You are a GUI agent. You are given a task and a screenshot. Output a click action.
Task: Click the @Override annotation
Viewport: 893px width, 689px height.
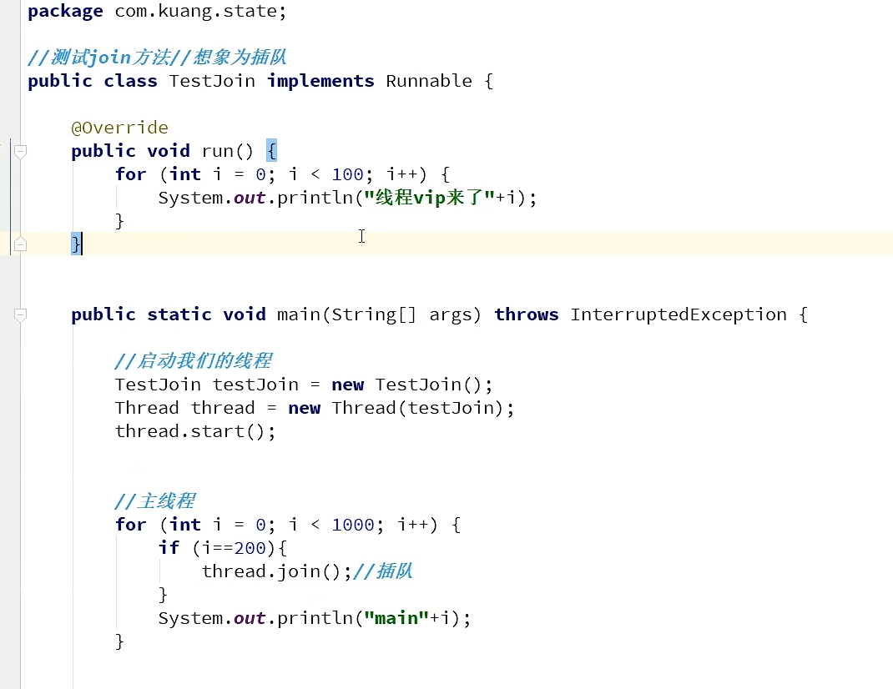click(119, 128)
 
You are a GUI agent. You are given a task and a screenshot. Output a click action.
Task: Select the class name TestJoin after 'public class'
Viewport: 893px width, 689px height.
click(212, 81)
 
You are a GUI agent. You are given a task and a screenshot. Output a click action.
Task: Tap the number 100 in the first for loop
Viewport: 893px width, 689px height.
click(347, 174)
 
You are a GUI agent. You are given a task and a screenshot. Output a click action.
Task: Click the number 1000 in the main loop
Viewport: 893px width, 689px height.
click(353, 525)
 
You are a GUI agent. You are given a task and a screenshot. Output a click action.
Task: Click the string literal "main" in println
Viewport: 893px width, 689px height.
click(396, 618)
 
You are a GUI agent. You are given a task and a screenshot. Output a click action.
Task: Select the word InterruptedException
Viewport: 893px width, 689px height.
click(679, 314)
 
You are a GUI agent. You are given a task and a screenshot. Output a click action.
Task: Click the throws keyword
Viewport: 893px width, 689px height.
click(526, 314)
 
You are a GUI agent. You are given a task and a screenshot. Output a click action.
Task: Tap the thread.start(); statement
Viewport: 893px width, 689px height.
click(194, 431)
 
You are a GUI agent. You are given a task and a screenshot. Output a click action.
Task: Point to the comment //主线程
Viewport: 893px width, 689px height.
click(154, 501)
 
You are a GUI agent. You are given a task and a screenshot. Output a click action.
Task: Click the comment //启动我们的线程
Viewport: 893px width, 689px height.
click(193, 361)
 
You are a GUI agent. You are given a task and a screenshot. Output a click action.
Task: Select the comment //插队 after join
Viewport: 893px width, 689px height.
click(383, 571)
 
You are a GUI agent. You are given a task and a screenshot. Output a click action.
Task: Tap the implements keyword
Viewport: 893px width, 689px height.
click(320, 81)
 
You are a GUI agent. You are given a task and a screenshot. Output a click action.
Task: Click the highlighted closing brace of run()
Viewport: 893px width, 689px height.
click(76, 244)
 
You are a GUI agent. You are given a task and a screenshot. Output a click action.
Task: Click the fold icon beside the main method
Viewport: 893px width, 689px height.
click(20, 314)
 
